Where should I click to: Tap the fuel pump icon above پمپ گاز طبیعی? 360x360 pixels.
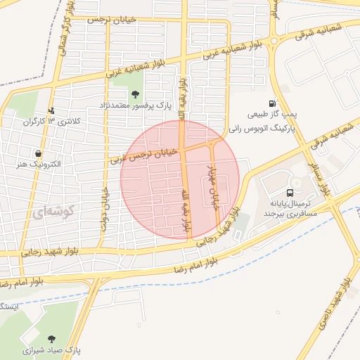tap(273, 102)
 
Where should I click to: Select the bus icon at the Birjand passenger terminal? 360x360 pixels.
tap(290, 193)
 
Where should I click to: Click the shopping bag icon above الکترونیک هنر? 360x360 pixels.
tap(37, 153)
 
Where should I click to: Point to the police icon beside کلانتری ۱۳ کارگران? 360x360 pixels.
tap(51, 110)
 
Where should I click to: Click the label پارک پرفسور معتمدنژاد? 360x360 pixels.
tap(135, 107)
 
